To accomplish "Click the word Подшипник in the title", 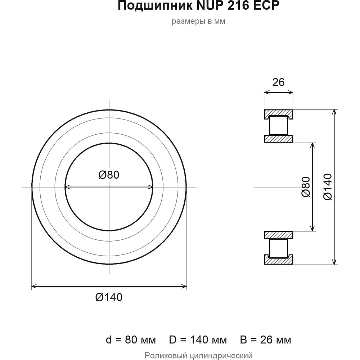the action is coord(156,6).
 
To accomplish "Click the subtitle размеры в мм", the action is coord(198,21).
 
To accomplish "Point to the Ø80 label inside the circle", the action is coord(109,175).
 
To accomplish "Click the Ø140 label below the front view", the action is coord(109,297).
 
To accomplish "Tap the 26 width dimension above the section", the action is coord(278,82).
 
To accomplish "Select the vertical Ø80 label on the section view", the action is coord(306,187).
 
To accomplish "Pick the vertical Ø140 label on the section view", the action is coord(327,187).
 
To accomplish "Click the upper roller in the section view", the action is coord(279,125).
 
